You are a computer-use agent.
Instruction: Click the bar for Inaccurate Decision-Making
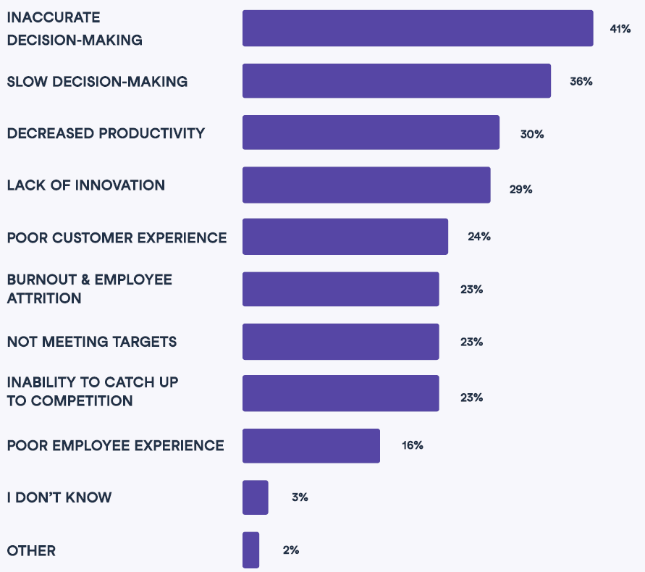pyautogui.click(x=418, y=28)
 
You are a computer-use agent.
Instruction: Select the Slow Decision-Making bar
pyautogui.click(x=396, y=81)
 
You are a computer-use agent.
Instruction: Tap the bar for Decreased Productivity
pyautogui.click(x=371, y=133)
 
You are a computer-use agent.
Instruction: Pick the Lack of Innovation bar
pyautogui.click(x=366, y=185)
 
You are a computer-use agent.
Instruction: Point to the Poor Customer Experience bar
pyautogui.click(x=345, y=237)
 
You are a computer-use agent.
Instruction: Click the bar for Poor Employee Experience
pyautogui.click(x=311, y=445)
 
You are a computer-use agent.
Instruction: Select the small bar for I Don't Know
pyautogui.click(x=255, y=497)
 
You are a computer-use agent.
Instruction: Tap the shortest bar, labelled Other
pyautogui.click(x=250, y=550)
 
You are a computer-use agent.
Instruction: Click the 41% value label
pyautogui.click(x=620, y=30)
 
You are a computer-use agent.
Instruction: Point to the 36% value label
pyautogui.click(x=581, y=82)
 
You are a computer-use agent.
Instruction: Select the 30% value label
pyautogui.click(x=531, y=134)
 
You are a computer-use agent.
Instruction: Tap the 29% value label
pyautogui.click(x=520, y=189)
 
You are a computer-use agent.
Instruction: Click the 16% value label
pyautogui.click(x=412, y=445)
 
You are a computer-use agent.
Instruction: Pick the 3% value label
pyautogui.click(x=300, y=497)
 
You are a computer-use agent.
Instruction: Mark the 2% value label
pyautogui.click(x=290, y=550)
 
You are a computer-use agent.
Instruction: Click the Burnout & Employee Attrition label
pyautogui.click(x=89, y=289)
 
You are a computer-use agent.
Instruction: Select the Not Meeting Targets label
pyautogui.click(x=91, y=342)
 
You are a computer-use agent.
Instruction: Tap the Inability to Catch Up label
pyautogui.click(x=92, y=391)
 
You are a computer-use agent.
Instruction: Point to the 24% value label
pyautogui.click(x=479, y=237)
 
